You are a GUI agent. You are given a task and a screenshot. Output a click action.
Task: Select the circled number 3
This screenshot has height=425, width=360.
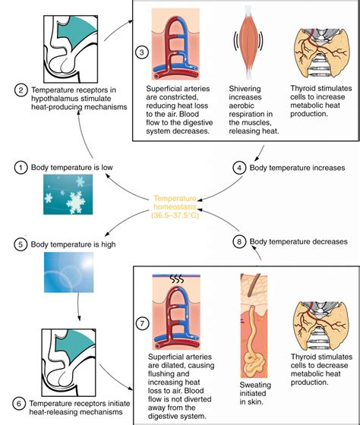[142, 52]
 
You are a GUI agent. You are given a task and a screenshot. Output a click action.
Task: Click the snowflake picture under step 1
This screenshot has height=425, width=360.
[68, 194]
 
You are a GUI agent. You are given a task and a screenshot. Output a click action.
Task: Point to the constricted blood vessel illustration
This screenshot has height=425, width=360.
[175, 44]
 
